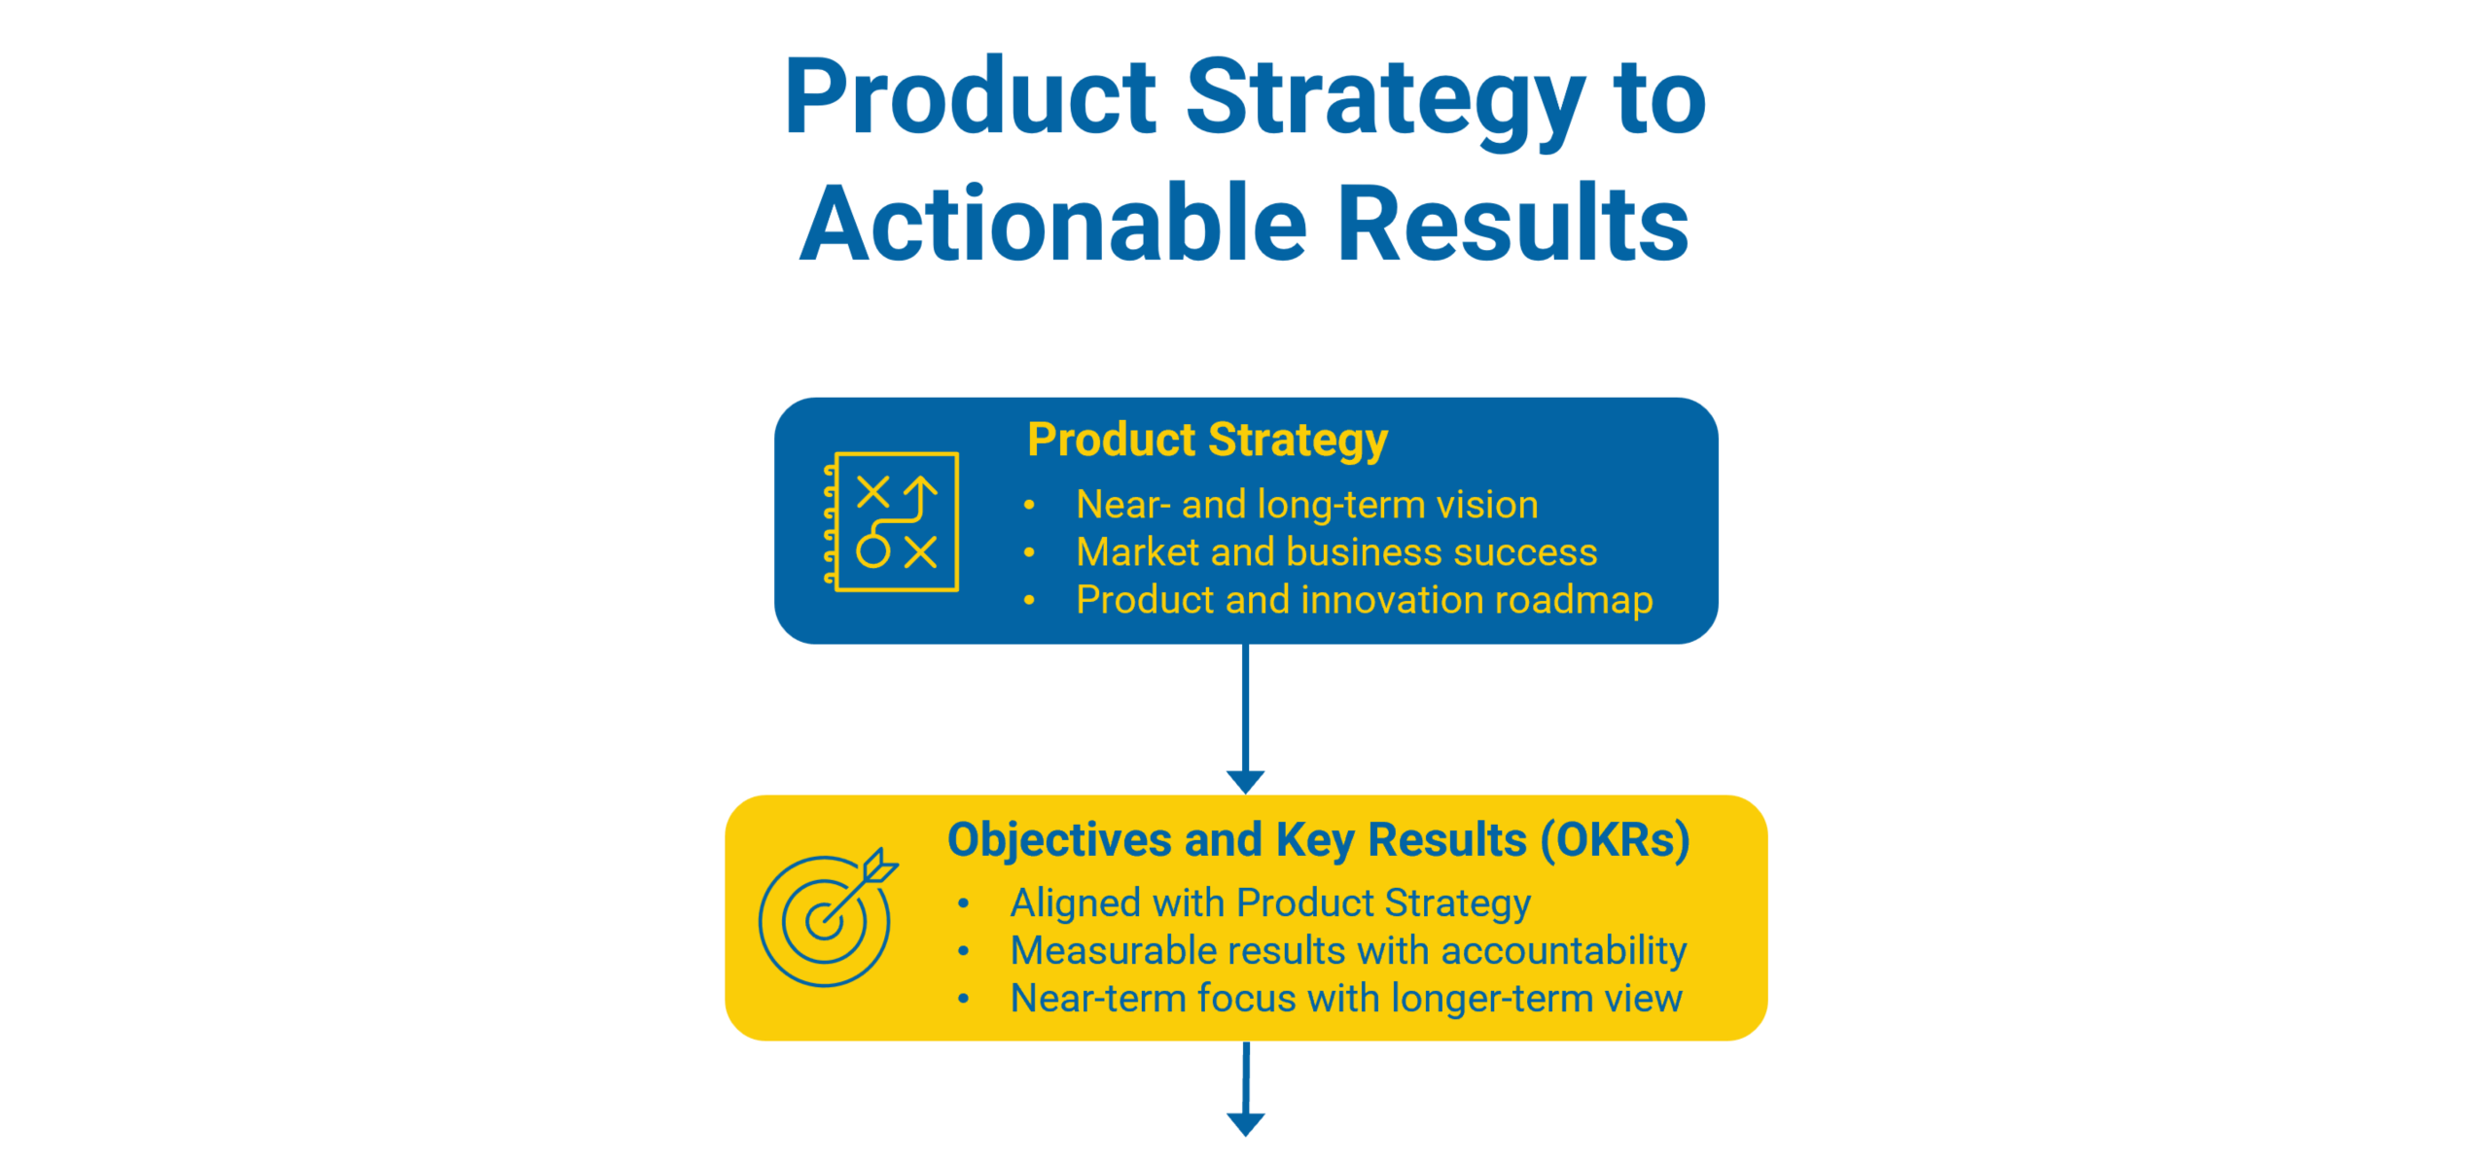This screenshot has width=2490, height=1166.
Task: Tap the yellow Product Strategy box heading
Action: (1207, 441)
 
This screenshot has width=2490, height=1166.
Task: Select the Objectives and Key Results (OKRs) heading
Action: (1318, 841)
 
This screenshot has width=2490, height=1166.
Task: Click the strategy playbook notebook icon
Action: (891, 521)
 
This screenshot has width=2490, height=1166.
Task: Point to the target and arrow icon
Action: (828, 917)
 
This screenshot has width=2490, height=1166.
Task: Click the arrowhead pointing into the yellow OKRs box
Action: (1245, 782)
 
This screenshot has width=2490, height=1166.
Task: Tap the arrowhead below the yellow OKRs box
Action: (1245, 1124)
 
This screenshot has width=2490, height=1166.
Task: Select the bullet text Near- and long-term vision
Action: (1307, 505)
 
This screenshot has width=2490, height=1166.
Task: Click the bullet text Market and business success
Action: (1336, 552)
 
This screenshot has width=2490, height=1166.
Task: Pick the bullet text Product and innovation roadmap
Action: (1364, 600)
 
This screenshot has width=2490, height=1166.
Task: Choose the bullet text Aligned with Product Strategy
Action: (1270, 903)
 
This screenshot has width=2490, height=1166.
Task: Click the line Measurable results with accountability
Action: (1348, 951)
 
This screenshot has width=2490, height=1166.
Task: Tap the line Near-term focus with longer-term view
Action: (1346, 999)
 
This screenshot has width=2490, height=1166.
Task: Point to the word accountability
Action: (1564, 951)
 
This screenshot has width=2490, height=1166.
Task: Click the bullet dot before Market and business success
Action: (1029, 553)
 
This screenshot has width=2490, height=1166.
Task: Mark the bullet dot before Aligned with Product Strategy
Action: (963, 904)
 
